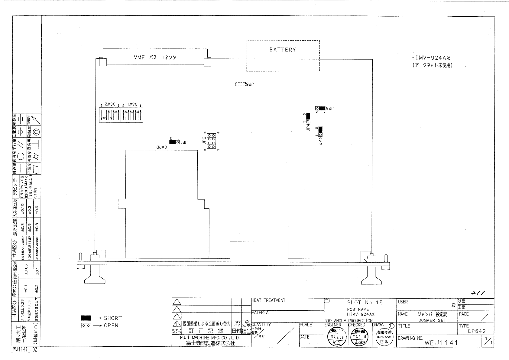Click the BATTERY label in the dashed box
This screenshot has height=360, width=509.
point(283,50)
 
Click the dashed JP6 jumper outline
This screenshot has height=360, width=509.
point(240,84)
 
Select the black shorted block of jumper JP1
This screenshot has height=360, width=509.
point(173,142)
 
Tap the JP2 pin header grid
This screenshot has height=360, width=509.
point(211,141)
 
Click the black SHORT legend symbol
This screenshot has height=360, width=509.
point(86,318)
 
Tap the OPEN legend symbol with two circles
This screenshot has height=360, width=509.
point(86,326)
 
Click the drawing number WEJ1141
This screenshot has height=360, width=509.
point(441,343)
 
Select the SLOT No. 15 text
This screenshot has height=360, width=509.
point(365,303)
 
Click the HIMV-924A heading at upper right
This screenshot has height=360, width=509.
point(433,58)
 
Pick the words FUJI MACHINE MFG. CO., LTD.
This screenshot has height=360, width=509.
point(210,338)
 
